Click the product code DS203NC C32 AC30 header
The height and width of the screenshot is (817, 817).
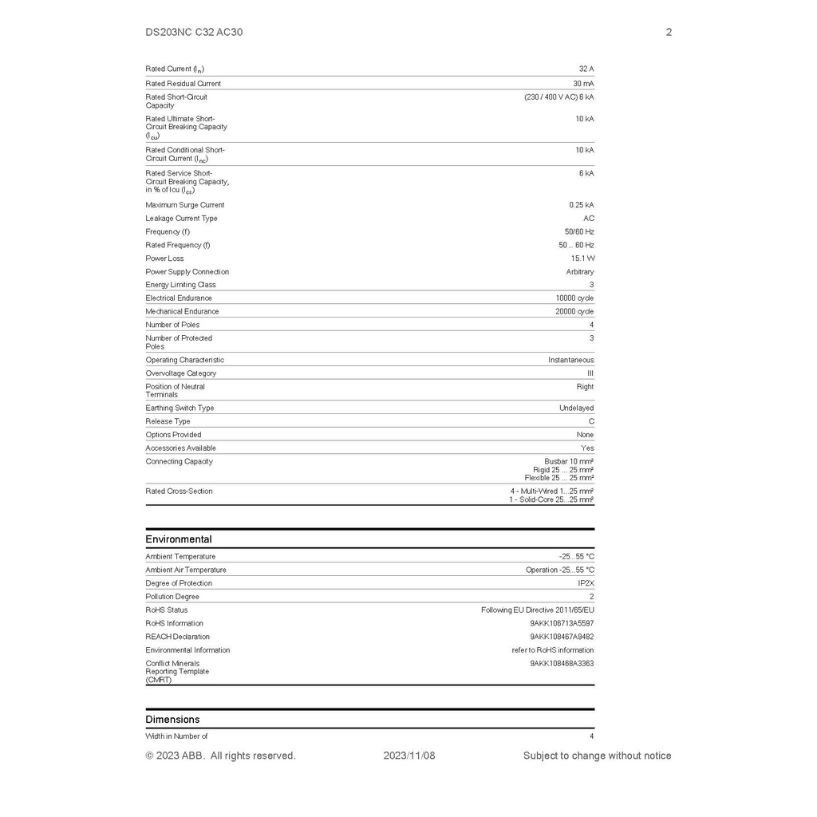click(x=194, y=32)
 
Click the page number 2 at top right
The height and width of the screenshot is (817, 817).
click(x=669, y=32)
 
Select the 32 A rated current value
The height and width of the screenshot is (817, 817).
click(x=586, y=69)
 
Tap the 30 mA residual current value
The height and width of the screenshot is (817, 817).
click(x=583, y=84)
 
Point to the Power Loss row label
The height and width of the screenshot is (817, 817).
click(x=164, y=259)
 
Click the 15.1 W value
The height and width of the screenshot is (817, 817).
click(x=582, y=259)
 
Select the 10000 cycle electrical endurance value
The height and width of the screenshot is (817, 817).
click(x=574, y=298)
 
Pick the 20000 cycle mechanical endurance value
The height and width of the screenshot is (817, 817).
click(x=574, y=312)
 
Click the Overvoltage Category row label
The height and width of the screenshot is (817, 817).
click(x=180, y=373)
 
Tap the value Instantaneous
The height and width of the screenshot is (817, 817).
click(x=570, y=361)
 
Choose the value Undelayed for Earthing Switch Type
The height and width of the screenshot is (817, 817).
click(x=576, y=408)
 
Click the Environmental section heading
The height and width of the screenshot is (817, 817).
click(x=179, y=539)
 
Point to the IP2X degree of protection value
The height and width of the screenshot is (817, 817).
click(x=586, y=584)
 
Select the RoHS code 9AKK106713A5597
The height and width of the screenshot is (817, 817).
click(x=562, y=624)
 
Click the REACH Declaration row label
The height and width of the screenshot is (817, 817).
click(x=177, y=637)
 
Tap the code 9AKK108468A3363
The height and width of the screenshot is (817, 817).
click(x=562, y=664)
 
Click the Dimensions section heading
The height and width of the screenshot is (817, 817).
click(x=172, y=720)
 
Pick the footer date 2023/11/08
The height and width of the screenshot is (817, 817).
click(x=409, y=756)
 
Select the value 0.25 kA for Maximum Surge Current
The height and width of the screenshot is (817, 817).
click(x=581, y=205)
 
